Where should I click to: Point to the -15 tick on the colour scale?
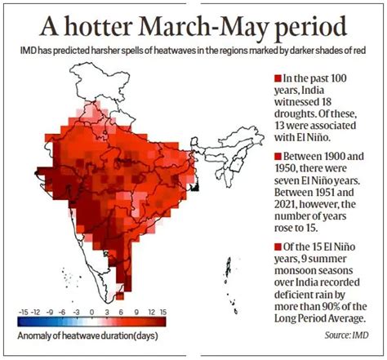pyautogui.click(x=24, y=311)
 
